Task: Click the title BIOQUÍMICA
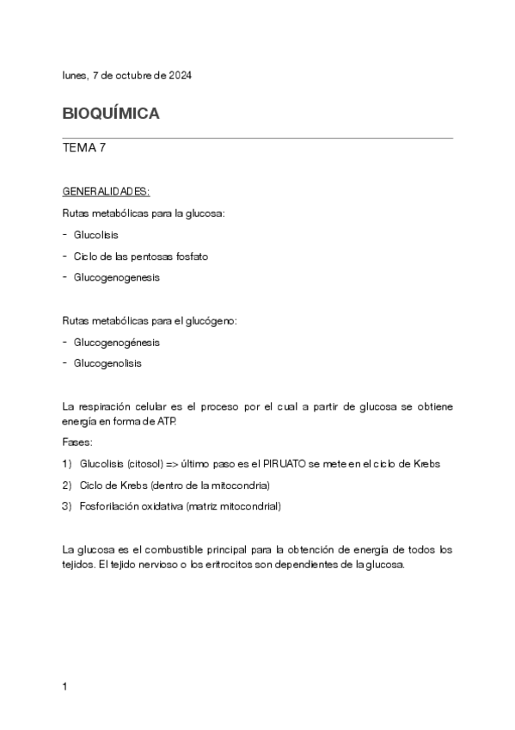pyautogui.click(x=111, y=114)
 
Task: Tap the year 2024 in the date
pyautogui.click(x=179, y=76)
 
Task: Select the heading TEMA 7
pyautogui.click(x=84, y=148)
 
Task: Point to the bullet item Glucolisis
pyautogui.click(x=96, y=234)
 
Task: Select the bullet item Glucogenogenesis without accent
pyautogui.click(x=117, y=277)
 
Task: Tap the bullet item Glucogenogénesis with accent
pyautogui.click(x=117, y=342)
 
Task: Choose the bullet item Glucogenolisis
pyautogui.click(x=108, y=363)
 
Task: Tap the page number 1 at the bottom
pyautogui.click(x=65, y=686)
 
